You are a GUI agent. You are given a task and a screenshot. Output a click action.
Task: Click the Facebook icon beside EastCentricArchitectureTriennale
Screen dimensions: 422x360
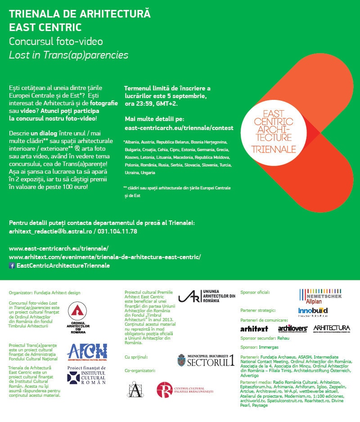click(x=12, y=266)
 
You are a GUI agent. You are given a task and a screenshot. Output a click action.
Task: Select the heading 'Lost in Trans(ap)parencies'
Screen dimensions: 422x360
click(x=69, y=55)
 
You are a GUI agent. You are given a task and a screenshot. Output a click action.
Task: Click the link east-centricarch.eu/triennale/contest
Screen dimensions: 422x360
click(x=179, y=128)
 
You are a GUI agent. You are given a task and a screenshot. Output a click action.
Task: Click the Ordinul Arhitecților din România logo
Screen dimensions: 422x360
click(x=78, y=317)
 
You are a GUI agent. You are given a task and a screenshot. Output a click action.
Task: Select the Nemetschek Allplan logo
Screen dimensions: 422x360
click(x=320, y=297)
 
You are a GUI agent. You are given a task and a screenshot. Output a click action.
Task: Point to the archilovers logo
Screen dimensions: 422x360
click(x=292, y=328)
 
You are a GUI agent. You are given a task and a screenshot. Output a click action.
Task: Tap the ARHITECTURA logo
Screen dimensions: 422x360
click(x=331, y=328)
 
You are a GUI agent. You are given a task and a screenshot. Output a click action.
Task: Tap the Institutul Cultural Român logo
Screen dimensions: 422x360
click(x=87, y=374)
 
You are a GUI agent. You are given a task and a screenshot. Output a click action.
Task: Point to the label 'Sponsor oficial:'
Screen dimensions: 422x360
click(x=255, y=292)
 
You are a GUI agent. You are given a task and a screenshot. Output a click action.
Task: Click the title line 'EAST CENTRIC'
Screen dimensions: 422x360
click(x=45, y=27)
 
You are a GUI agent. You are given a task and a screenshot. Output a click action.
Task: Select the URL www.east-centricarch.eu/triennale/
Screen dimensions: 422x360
click(x=58, y=248)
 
